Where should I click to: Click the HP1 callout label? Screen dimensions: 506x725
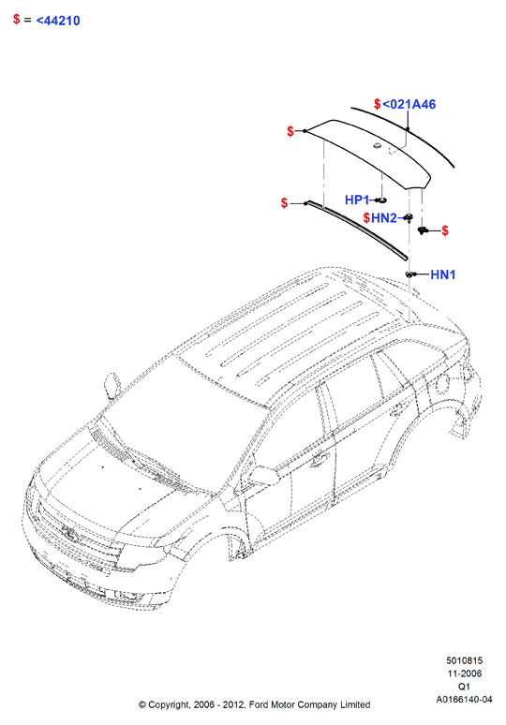coord(357,200)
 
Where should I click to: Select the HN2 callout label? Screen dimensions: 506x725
coord(384,217)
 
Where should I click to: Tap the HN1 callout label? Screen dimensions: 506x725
coord(442,274)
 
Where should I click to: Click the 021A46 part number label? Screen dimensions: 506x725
coord(409,105)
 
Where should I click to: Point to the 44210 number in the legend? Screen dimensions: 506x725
coord(58,21)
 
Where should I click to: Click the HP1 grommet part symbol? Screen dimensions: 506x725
coord(381,200)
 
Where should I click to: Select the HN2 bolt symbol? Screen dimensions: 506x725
coord(409,217)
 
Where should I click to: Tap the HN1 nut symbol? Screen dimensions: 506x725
coord(409,274)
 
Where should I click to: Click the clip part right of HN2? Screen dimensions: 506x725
coord(422,229)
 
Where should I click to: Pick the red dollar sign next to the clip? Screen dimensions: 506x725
coord(445,230)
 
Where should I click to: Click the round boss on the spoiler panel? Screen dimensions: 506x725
coord(377,146)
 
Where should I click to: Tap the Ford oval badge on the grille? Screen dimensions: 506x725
coord(70,534)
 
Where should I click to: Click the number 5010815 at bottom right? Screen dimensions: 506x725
coord(464,660)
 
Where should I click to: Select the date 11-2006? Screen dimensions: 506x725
coord(464,673)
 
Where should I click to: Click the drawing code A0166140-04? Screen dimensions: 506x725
coord(464,700)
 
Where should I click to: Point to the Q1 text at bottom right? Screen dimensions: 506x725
coord(464,687)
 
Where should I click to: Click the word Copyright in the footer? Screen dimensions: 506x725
coord(169,705)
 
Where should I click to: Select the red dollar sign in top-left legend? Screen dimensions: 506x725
coord(17,20)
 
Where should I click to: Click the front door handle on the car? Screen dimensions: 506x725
coord(319,459)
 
